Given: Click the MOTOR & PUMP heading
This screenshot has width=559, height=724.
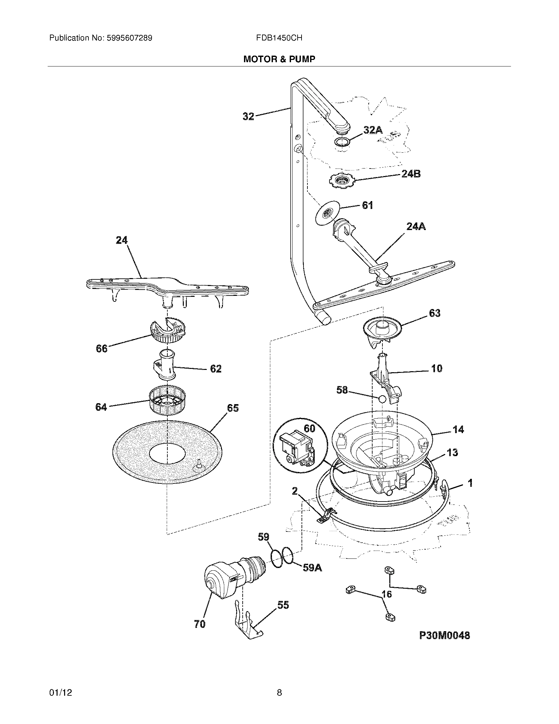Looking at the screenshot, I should click(x=279, y=59).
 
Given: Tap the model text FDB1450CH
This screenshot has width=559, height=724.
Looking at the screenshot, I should click(x=279, y=38).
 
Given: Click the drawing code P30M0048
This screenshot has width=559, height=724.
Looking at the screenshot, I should click(x=445, y=635).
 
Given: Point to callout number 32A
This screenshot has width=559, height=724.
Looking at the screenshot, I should click(x=373, y=130).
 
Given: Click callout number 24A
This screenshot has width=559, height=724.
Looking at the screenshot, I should click(x=416, y=226).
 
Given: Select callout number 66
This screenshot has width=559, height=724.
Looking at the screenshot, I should click(x=102, y=349).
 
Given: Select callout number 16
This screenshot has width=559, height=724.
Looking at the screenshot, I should click(x=386, y=594).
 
